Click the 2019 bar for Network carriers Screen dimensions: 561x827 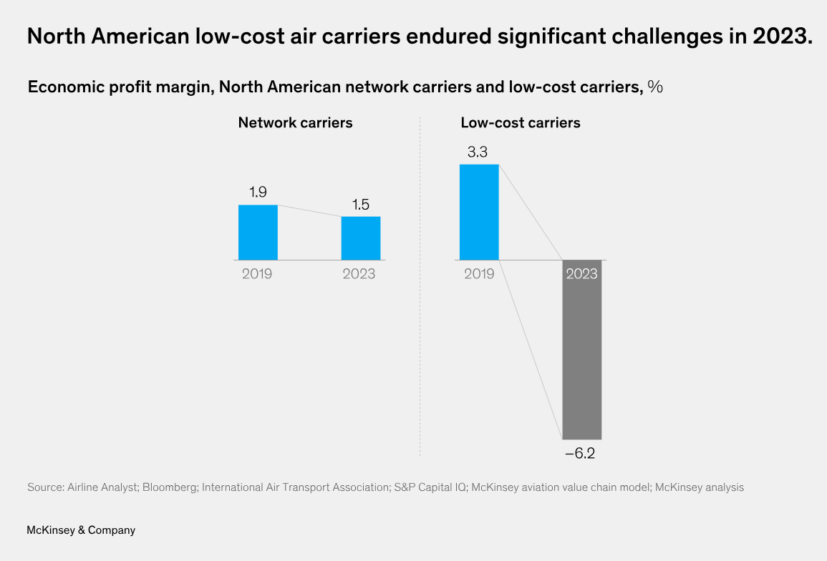click(x=258, y=233)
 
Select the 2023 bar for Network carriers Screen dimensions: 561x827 click(x=361, y=238)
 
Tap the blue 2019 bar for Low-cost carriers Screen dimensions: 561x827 click(x=479, y=212)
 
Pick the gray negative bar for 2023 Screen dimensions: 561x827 click(x=581, y=358)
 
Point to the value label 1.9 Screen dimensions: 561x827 click(x=258, y=192)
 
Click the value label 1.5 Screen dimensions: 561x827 click(x=361, y=205)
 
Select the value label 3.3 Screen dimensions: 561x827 click(x=479, y=152)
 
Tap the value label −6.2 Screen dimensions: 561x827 click(x=580, y=453)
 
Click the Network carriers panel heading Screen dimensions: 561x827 click(x=295, y=123)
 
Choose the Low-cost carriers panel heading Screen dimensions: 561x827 click(x=520, y=123)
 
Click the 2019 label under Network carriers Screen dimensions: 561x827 click(x=257, y=273)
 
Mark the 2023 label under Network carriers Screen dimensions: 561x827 click(x=359, y=273)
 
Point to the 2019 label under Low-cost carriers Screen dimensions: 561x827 click(x=479, y=273)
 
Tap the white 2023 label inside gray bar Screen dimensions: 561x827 click(x=581, y=273)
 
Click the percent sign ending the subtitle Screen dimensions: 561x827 click(x=655, y=87)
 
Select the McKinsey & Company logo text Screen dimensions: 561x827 click(x=81, y=530)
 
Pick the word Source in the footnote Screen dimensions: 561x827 click(x=44, y=487)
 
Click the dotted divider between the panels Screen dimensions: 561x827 click(x=420, y=286)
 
